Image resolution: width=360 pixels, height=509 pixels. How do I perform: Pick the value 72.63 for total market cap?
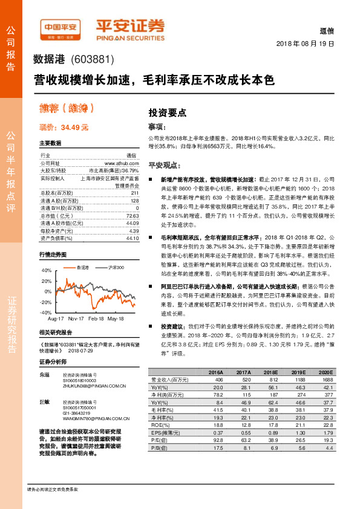(133, 216)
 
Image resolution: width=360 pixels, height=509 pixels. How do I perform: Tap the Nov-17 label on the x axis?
(76, 317)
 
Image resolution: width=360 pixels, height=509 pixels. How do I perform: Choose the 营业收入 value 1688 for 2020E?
(327, 379)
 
